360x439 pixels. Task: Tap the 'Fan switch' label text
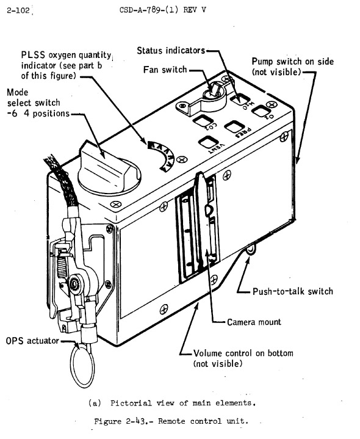point(165,70)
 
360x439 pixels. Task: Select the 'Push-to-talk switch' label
point(293,291)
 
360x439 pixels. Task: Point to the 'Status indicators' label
point(171,50)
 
